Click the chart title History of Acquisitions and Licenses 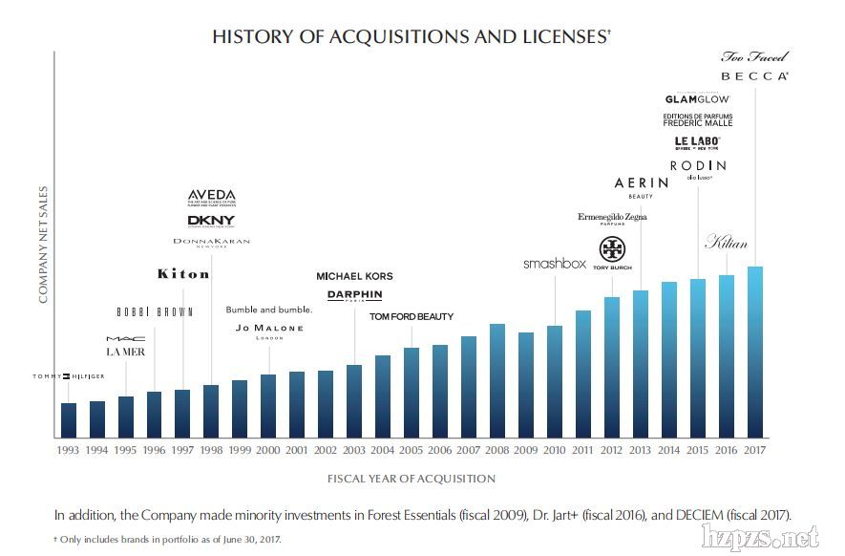point(411,37)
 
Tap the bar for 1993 point(68,419)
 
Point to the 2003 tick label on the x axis point(354,449)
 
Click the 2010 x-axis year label point(554,449)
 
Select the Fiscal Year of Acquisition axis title point(412,479)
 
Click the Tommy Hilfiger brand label point(68,376)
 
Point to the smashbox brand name point(554,264)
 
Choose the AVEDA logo point(211,197)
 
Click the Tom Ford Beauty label point(412,316)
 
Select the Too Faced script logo point(754,56)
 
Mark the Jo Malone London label point(269,331)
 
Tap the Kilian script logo point(726,243)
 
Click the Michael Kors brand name point(354,276)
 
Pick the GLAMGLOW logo point(697,98)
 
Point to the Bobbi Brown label point(155,311)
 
